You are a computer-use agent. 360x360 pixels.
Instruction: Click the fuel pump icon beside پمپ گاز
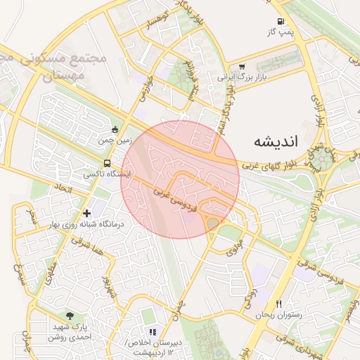click(x=281, y=22)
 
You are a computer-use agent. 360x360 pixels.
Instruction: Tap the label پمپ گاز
click(x=280, y=32)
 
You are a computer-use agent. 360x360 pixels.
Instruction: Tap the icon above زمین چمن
click(x=115, y=129)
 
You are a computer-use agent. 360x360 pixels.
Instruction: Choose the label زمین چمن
click(x=115, y=141)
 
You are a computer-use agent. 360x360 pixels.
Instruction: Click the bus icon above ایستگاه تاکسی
click(x=106, y=163)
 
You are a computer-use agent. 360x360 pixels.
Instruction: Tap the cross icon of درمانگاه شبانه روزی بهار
click(x=86, y=212)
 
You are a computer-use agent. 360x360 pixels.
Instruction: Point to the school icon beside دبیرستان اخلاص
click(x=153, y=331)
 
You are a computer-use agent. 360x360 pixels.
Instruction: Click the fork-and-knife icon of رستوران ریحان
click(x=279, y=304)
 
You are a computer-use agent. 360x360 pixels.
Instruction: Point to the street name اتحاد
click(x=62, y=188)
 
